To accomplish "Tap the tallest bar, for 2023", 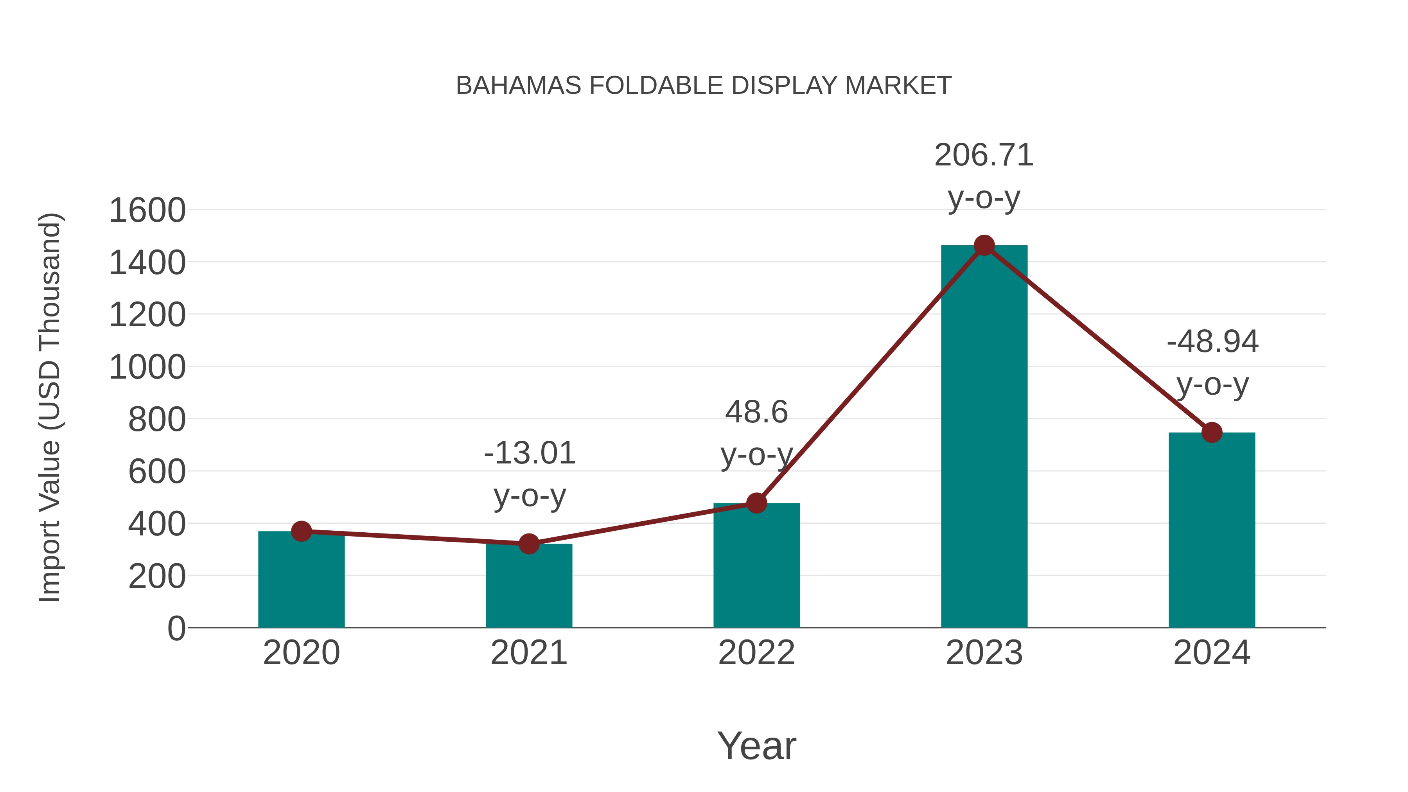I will [984, 437].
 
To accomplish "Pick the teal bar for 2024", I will [1212, 530].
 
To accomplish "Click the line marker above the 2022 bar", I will [756, 503].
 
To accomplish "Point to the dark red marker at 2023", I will [984, 245].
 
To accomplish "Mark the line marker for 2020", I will [301, 531].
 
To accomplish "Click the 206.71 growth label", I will [984, 155].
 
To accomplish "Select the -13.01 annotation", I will [529, 453].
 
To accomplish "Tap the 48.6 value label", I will [756, 412].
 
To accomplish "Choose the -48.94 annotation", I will [1212, 342].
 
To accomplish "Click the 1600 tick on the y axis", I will [147, 210].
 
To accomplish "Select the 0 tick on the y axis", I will [176, 629].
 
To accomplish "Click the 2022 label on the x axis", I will [756, 653].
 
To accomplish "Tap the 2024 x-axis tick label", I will [1212, 653].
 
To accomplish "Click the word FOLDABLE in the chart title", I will [656, 86].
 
